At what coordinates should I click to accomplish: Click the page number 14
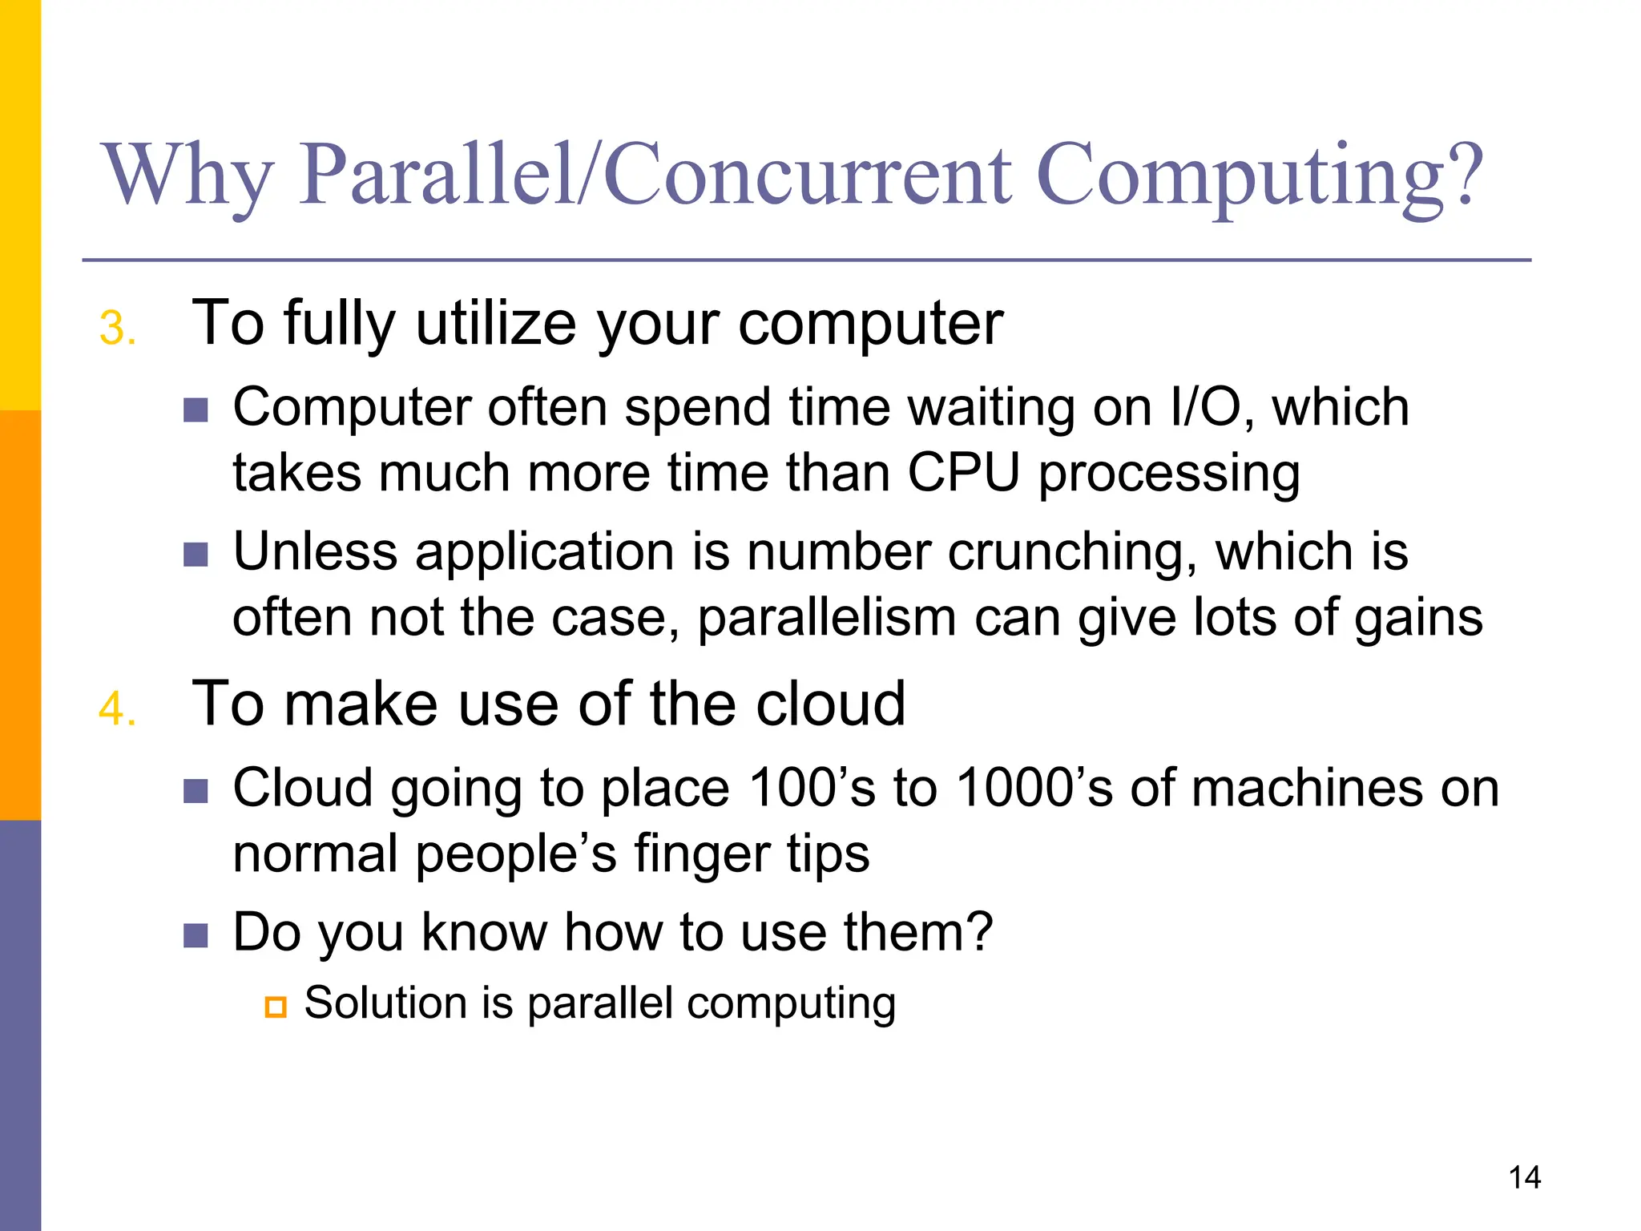click(1524, 1177)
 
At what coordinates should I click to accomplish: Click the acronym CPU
click(963, 473)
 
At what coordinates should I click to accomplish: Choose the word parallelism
click(827, 618)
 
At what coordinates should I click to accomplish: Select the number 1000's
click(1034, 788)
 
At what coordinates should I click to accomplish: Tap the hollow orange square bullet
click(276, 1007)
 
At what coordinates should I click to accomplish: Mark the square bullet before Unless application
click(196, 554)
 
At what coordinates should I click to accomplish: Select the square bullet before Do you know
click(196, 934)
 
